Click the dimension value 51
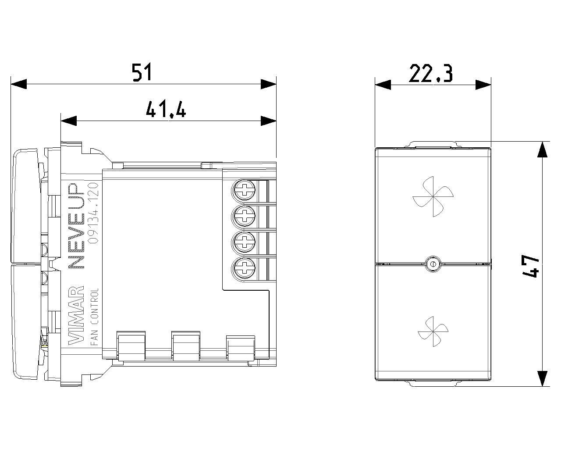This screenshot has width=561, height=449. coord(142,72)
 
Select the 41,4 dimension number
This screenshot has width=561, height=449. coord(166,109)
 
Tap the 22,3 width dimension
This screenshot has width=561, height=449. coord(431,73)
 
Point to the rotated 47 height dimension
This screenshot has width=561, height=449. coord(530,266)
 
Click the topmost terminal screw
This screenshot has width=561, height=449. coord(244,190)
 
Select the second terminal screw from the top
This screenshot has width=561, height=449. coord(244,216)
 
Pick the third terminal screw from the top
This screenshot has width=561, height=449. coord(244,242)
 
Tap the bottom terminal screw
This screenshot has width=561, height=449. coord(244,268)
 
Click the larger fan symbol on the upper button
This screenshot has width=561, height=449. coord(433,196)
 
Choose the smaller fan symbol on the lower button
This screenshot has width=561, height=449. coord(433,331)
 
